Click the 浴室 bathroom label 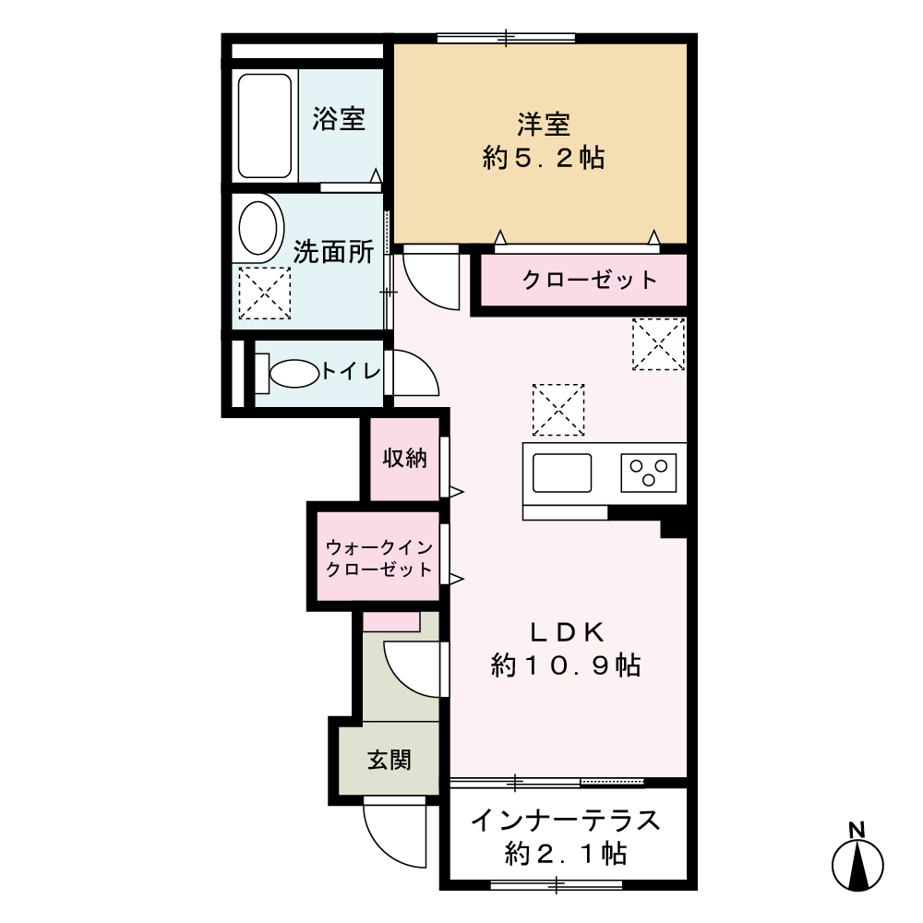[339, 119]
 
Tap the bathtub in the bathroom [266, 126]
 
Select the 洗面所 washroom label [333, 252]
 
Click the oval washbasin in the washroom [258, 227]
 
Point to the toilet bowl [293, 374]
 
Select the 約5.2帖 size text [543, 158]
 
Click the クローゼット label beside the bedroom [589, 280]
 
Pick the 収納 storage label [405, 458]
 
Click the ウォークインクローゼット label [379, 557]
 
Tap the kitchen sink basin [560, 473]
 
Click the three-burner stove [649, 473]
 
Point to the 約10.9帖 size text [566, 665]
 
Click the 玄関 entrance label [389, 761]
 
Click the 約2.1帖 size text [566, 854]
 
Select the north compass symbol [857, 861]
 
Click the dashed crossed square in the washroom [264, 294]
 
